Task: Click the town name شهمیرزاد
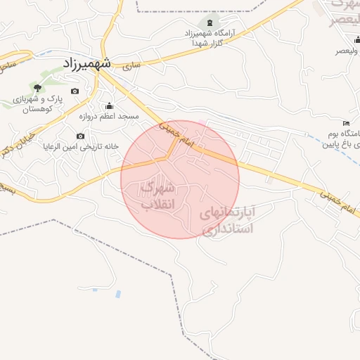(x=86, y=63)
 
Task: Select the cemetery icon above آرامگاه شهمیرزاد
(x=209, y=24)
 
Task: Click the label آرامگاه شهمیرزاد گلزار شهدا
(x=210, y=38)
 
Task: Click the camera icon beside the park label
(x=75, y=91)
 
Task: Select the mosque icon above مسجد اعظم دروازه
(x=109, y=105)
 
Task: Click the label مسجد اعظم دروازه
(x=109, y=116)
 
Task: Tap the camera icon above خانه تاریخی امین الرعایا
(x=80, y=136)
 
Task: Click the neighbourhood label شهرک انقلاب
(x=159, y=196)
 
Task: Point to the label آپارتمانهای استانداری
(x=226, y=219)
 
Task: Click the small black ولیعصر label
(x=345, y=51)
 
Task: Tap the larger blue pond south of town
(x=117, y=292)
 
